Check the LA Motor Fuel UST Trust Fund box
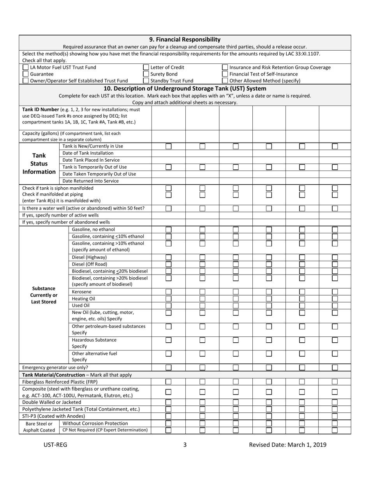(x=26, y=67)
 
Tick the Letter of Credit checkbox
(x=146, y=67)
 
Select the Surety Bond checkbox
(x=146, y=74)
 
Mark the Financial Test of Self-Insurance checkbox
(x=225, y=74)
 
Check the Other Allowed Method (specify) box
(x=225, y=81)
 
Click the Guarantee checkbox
(x=26, y=74)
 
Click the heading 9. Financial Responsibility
(x=185, y=39)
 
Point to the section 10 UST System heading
(x=185, y=88)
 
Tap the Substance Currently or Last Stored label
(x=44, y=295)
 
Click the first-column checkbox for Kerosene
(x=169, y=292)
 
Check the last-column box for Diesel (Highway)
(x=335, y=257)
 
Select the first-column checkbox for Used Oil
(x=169, y=305)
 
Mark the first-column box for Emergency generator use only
(x=169, y=367)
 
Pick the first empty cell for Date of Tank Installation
(x=168, y=153)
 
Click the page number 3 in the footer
(x=185, y=445)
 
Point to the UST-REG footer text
(x=55, y=445)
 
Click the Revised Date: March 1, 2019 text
(x=288, y=445)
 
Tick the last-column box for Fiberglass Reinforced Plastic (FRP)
(x=335, y=382)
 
